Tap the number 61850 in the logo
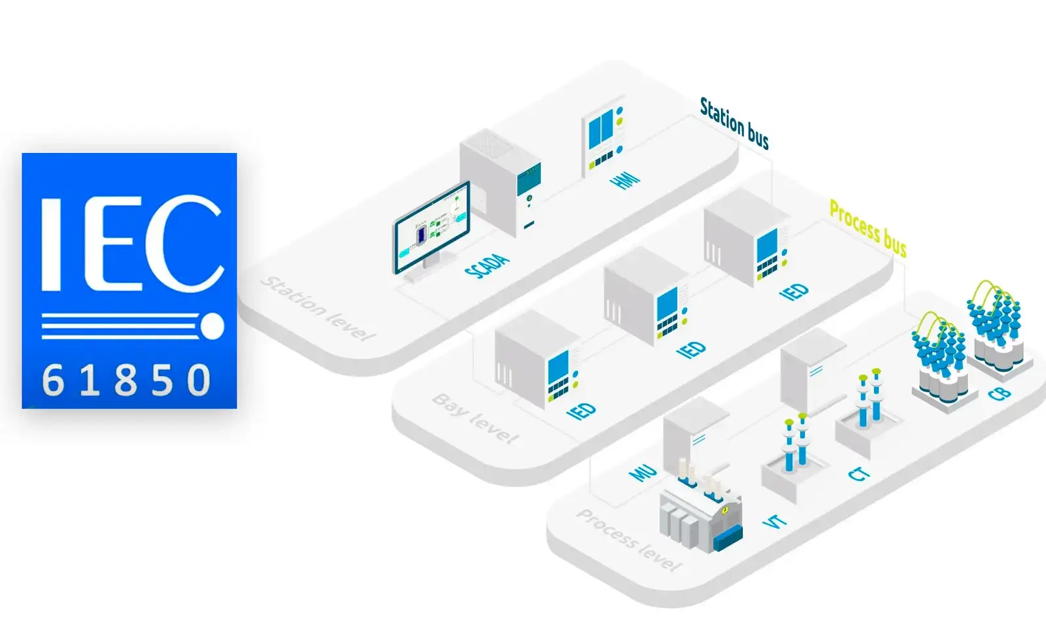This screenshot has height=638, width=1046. coord(127,380)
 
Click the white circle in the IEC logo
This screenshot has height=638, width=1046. coord(212,326)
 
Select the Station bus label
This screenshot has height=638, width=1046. coord(734,123)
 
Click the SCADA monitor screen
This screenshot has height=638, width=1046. coord(431,227)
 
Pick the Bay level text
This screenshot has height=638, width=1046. coord(475,418)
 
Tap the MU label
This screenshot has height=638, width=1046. coord(642,472)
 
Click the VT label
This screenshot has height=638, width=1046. coord(775,522)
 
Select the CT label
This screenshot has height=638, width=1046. coord(859,473)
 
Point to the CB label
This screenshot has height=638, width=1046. coord(1000,394)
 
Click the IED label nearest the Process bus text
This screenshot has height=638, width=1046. coord(794,291)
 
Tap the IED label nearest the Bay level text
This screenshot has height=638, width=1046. coord(581,411)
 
